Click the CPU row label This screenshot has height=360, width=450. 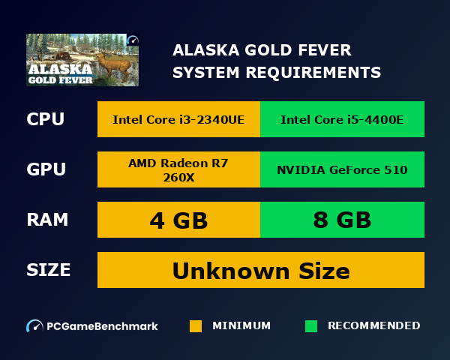pos(46,119)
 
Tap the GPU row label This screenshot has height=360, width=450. pos(46,169)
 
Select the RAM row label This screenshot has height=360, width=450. pos(48,220)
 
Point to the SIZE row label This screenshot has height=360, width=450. pos(49,270)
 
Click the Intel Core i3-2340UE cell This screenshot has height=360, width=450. pos(178,119)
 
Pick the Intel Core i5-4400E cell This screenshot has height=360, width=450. pos(342,119)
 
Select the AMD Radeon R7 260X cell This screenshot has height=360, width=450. pos(178,169)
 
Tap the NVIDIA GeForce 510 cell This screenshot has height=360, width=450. pos(342,169)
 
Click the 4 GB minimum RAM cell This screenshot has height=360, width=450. pos(178,220)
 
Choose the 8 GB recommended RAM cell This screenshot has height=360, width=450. pos(342,220)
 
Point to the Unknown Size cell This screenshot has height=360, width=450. pos(260,270)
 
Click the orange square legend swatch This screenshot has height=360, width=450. pos(196,326)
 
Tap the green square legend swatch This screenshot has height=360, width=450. pos(311,326)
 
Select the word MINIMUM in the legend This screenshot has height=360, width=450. pos(241,325)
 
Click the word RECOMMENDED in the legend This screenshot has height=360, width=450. pos(374,325)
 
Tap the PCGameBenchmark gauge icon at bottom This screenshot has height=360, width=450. pos(34,326)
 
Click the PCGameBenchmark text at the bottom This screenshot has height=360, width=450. pos(102,326)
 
